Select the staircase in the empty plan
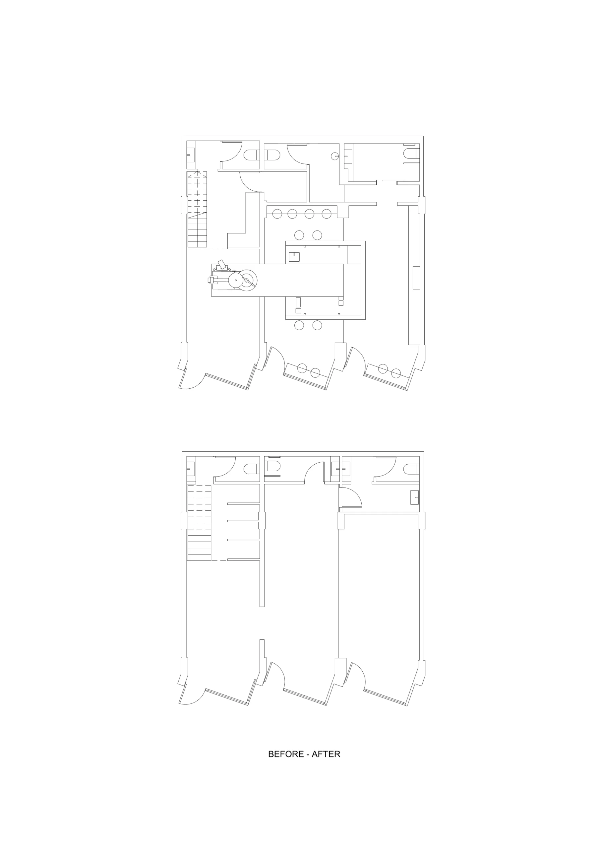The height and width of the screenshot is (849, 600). [x=199, y=523]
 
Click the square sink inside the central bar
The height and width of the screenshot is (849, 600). [x=294, y=257]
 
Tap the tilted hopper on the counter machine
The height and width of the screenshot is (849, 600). [x=222, y=264]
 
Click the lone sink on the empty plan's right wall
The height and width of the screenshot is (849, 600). [x=415, y=497]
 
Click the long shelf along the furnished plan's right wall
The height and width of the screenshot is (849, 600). [x=414, y=276]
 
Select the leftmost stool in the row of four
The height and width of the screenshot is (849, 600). [x=277, y=214]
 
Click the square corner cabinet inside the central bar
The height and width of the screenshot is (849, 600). [x=354, y=254]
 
